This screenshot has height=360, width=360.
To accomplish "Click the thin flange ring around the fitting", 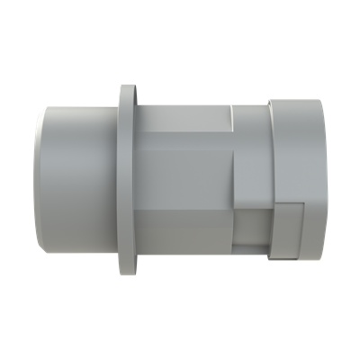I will (126, 180).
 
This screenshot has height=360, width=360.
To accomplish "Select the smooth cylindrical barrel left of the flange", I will (81, 180).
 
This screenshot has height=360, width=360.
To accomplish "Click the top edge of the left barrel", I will (81, 107).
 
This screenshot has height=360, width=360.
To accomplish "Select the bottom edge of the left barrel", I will (81, 255).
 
